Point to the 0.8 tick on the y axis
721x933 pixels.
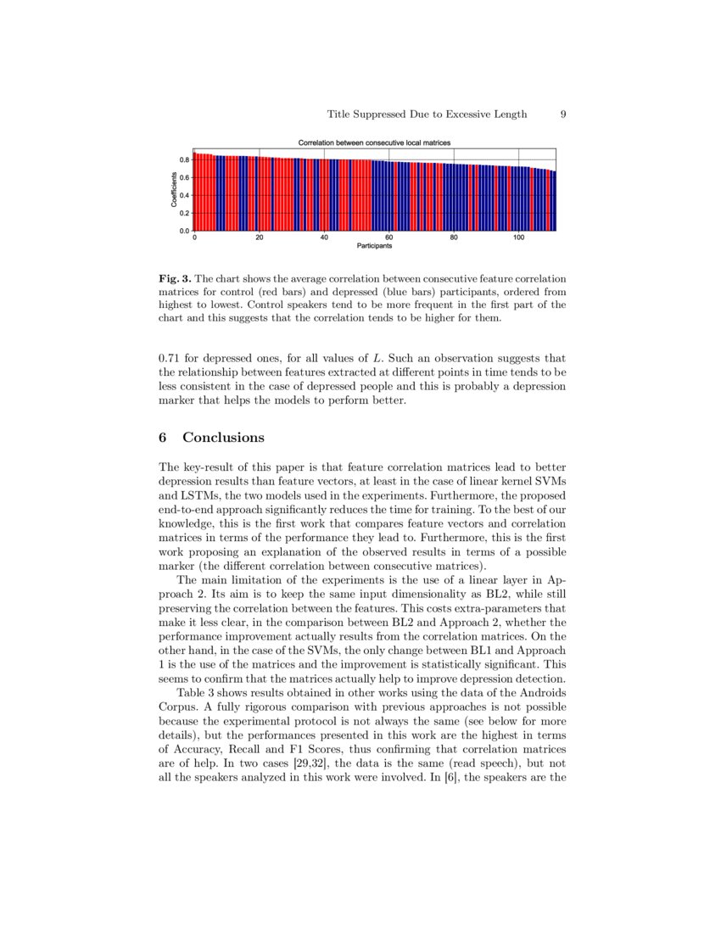183,159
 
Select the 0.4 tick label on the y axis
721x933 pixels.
183,195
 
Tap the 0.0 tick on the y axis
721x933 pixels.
183,231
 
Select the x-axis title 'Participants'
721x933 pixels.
374,248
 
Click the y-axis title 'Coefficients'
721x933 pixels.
174,193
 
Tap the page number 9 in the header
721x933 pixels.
563,115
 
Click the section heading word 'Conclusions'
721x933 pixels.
223,438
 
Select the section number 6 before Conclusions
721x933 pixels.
163,438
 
